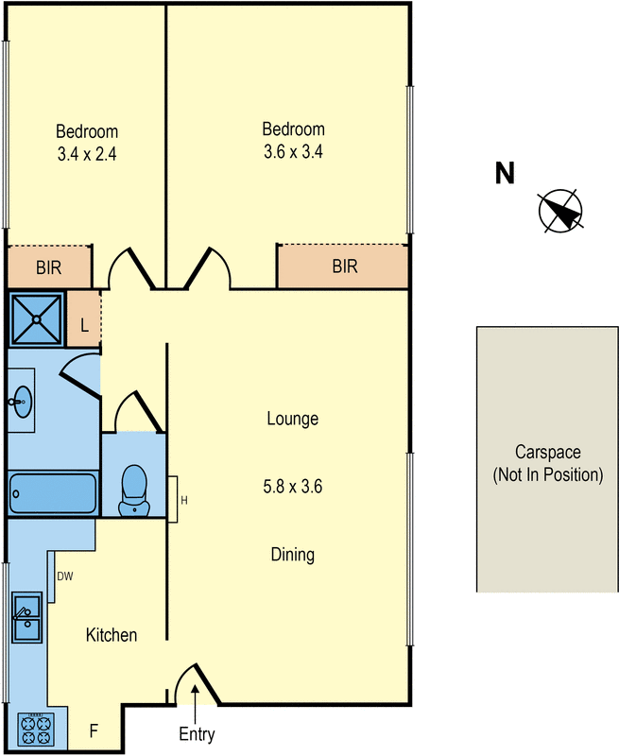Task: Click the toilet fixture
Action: [134, 490]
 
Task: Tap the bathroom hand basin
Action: [21, 400]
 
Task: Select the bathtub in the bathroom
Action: [53, 492]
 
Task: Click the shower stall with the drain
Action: [36, 319]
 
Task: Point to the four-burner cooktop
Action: [36, 730]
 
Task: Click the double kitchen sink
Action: [27, 618]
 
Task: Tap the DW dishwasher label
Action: [65, 576]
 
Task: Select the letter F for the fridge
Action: [94, 730]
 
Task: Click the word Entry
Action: [197, 734]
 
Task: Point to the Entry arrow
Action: [195, 703]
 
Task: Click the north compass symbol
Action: [560, 211]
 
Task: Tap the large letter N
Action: [505, 174]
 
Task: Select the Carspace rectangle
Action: [547, 459]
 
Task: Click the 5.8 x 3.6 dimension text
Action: [293, 487]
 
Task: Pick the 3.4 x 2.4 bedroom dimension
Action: [87, 154]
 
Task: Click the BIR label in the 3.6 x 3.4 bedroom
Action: [345, 266]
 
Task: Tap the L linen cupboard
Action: [84, 325]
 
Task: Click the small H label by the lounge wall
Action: [184, 501]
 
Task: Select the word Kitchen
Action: [112, 635]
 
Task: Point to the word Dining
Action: [293, 555]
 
